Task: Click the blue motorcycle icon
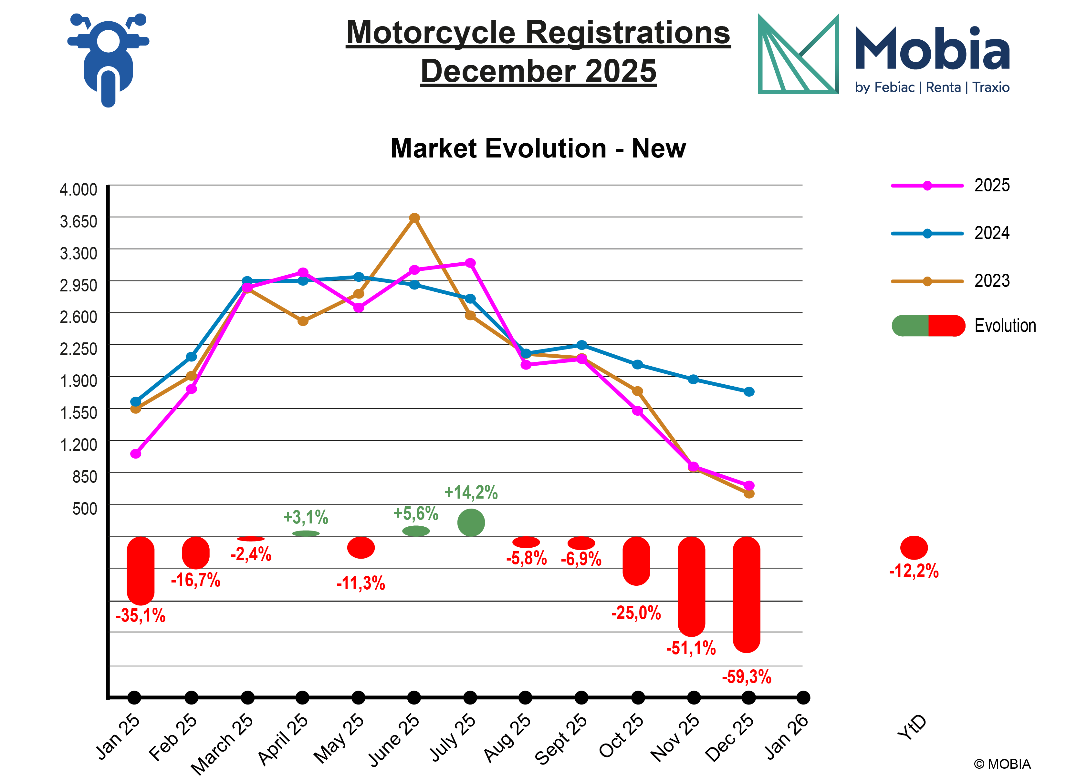click(108, 59)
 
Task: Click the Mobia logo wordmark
click(932, 49)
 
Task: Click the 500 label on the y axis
click(85, 509)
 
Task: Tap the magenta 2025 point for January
click(136, 454)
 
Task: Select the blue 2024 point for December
click(749, 392)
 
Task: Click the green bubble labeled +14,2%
click(471, 522)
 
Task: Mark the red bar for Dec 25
click(747, 594)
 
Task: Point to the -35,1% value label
click(141, 616)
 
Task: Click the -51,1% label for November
click(691, 648)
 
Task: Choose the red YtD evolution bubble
click(914, 548)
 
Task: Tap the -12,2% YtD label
click(914, 571)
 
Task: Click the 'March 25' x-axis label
click(222, 743)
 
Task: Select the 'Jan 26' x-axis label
click(786, 736)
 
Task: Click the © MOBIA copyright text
click(1002, 764)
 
